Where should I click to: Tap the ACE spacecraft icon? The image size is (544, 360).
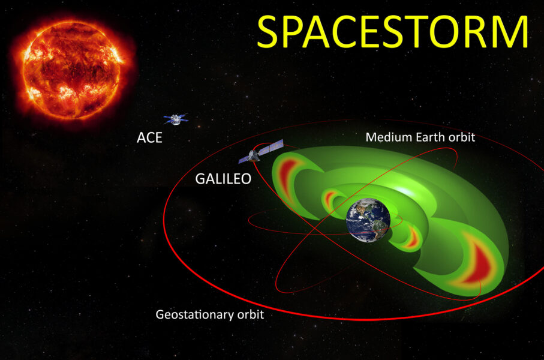pos(175,119)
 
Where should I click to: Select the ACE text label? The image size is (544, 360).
pos(149,137)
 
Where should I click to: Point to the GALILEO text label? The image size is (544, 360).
pos(223,178)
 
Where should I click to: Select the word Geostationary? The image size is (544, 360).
pos(191,314)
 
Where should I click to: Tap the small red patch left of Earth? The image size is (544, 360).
pos(329,197)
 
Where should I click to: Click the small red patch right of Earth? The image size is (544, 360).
pos(411,237)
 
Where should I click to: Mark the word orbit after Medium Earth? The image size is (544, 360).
pos(462,137)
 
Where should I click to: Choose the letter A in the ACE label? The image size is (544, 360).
pos(141,137)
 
